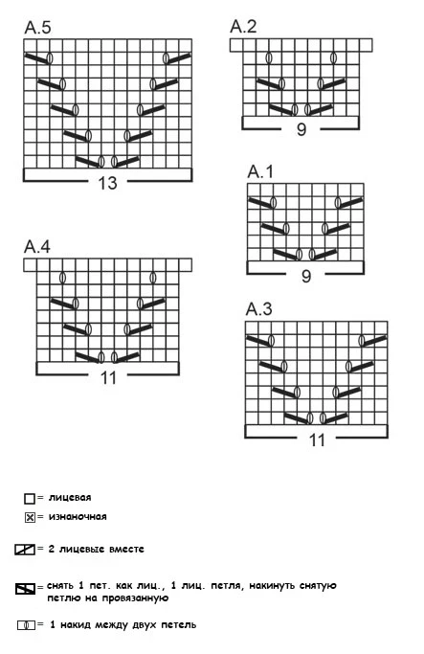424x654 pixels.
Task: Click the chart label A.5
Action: (x=38, y=28)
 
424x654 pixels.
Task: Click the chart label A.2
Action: (x=243, y=26)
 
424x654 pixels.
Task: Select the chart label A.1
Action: (x=260, y=171)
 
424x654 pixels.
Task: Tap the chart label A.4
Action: (x=37, y=246)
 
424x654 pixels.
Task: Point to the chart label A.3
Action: (x=259, y=309)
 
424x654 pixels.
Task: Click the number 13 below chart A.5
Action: (x=107, y=183)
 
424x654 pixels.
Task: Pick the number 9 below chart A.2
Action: (x=301, y=129)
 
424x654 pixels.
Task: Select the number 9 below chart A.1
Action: (x=306, y=276)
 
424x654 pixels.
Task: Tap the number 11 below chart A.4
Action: (x=108, y=378)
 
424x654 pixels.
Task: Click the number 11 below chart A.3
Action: (x=317, y=440)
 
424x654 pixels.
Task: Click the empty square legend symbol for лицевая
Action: (x=29, y=499)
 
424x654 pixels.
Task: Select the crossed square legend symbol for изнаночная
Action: (x=30, y=518)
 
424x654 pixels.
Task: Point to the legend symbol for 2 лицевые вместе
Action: (x=25, y=550)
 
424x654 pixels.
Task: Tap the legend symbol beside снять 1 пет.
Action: (x=26, y=589)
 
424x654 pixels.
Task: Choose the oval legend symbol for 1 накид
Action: (x=26, y=625)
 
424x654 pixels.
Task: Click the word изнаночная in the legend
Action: (x=78, y=517)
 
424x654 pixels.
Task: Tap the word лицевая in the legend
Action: (x=70, y=498)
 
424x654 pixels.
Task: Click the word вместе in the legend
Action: (x=126, y=549)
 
